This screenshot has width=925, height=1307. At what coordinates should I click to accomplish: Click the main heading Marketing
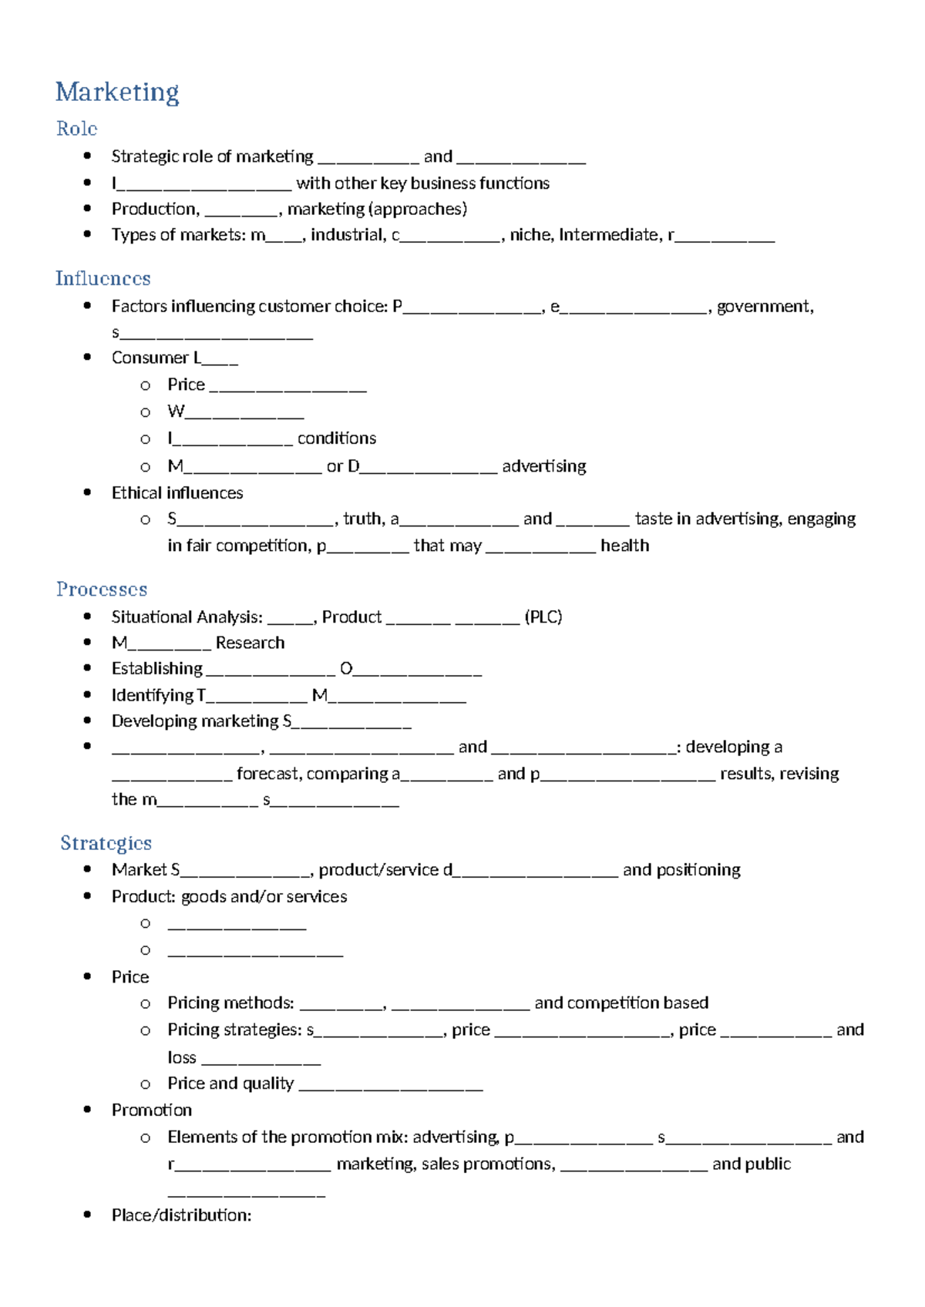[x=117, y=92]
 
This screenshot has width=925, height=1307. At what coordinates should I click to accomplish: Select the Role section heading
[x=76, y=129]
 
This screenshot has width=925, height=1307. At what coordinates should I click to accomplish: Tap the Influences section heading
[x=103, y=278]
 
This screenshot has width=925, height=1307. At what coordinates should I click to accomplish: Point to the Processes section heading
[x=101, y=590]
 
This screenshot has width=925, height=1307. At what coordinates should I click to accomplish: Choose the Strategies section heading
[x=106, y=843]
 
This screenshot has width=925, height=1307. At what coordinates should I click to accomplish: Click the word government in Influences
[x=765, y=307]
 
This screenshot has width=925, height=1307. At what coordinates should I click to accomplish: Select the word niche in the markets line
[x=530, y=235]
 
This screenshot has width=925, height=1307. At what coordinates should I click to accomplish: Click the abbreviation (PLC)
[x=543, y=617]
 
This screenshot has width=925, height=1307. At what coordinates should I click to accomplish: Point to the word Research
[x=250, y=643]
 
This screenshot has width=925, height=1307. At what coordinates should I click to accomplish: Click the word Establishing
[x=156, y=669]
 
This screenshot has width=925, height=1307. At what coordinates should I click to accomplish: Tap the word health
[x=624, y=546]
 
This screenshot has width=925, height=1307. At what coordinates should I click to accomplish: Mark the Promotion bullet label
[x=151, y=1110]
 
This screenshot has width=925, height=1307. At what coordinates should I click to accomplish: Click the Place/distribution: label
[x=181, y=1215]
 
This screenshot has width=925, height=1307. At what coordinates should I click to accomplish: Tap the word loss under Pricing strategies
[x=182, y=1058]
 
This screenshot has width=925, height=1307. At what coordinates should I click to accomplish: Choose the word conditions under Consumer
[x=337, y=438]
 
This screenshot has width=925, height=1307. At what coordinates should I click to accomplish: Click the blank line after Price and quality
[x=390, y=1086]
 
